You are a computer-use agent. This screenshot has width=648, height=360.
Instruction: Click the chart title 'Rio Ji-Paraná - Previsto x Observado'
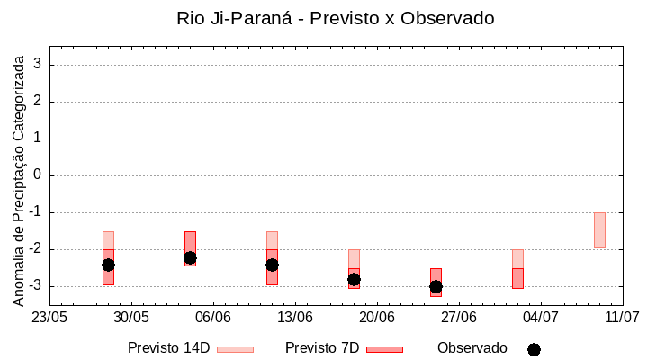[336, 18]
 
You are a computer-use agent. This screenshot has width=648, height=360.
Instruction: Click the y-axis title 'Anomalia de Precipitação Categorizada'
[19, 178]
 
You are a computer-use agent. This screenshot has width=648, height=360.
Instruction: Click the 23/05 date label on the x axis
[49, 318]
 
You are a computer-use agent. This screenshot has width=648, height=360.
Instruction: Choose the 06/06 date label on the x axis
[213, 318]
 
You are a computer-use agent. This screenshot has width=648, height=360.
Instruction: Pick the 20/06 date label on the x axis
[377, 318]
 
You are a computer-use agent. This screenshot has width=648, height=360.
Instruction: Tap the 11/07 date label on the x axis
[622, 318]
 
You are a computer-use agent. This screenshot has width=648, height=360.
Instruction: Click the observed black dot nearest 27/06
[436, 286]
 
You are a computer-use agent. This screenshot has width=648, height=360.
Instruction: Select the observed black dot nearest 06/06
[190, 258]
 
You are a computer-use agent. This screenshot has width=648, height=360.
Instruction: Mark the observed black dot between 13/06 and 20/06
[354, 279]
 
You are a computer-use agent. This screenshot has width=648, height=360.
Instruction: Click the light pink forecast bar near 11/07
[599, 230]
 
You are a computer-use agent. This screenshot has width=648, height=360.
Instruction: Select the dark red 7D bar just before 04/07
[517, 278]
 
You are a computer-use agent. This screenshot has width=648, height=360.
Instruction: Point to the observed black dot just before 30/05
[108, 265]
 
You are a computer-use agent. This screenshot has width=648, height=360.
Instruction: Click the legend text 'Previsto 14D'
[168, 348]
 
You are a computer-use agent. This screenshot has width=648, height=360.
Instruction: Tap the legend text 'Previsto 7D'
[322, 348]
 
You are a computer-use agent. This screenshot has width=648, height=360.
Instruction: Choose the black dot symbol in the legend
[534, 349]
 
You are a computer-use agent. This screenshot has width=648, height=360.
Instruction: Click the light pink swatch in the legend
[235, 349]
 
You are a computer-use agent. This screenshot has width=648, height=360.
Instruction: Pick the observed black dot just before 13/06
[272, 265]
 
